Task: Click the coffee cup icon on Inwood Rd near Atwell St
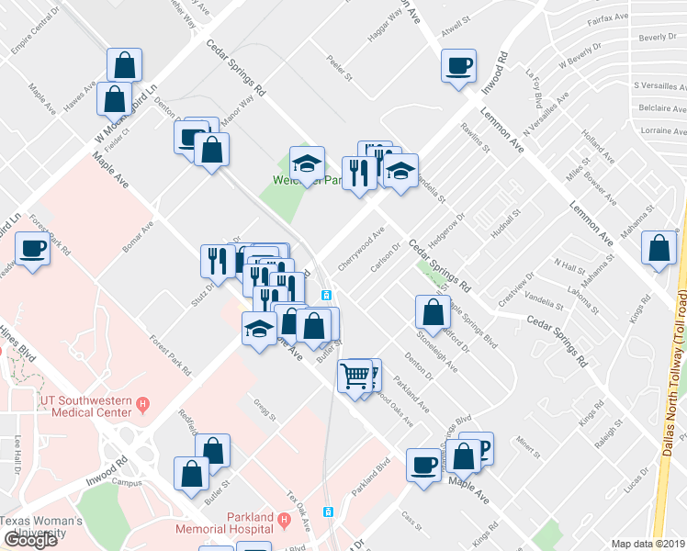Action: coord(458,66)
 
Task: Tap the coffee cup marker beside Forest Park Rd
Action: coord(32,249)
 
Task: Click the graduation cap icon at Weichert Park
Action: coord(307,164)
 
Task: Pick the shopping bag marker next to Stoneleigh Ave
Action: coord(433,313)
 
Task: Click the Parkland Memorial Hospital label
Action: coord(225,522)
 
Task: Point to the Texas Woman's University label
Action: coord(41,527)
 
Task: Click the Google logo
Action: coord(31,540)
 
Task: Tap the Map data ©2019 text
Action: coord(648,544)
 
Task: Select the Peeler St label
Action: coord(340,72)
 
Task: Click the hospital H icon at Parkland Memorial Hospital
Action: coord(284,522)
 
